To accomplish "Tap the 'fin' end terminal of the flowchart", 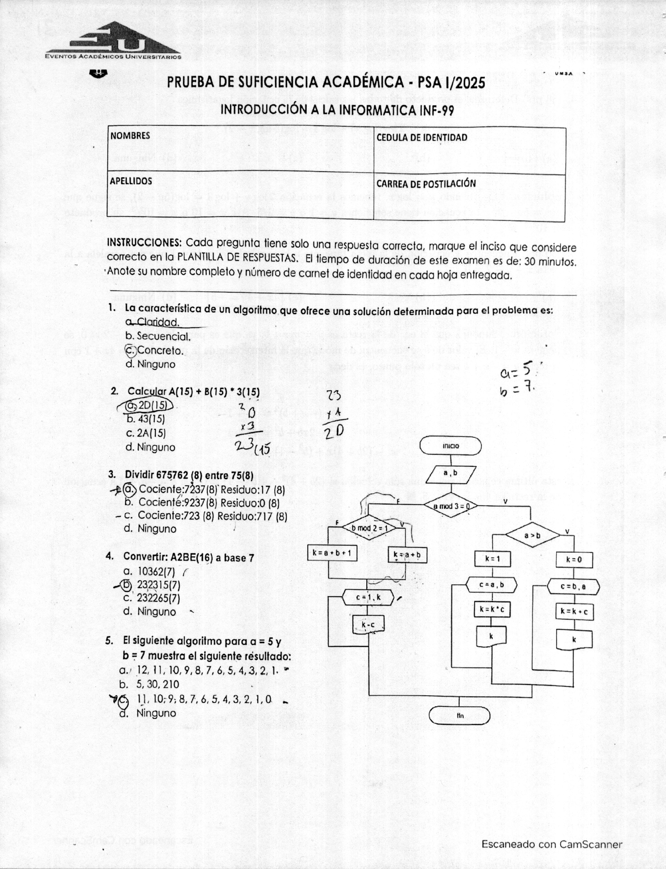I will click(x=459, y=716).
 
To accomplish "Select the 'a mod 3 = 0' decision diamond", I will click(x=451, y=506).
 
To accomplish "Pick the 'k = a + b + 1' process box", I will click(x=332, y=552).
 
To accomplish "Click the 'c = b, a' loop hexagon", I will click(x=573, y=586).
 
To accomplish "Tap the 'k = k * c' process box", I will click(x=492, y=610).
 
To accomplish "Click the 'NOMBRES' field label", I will click(x=130, y=136).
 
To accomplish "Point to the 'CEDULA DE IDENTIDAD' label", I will click(x=422, y=138).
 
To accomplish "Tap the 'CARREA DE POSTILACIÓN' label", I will click(x=426, y=184).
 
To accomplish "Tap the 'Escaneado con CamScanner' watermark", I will click(x=552, y=844).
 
